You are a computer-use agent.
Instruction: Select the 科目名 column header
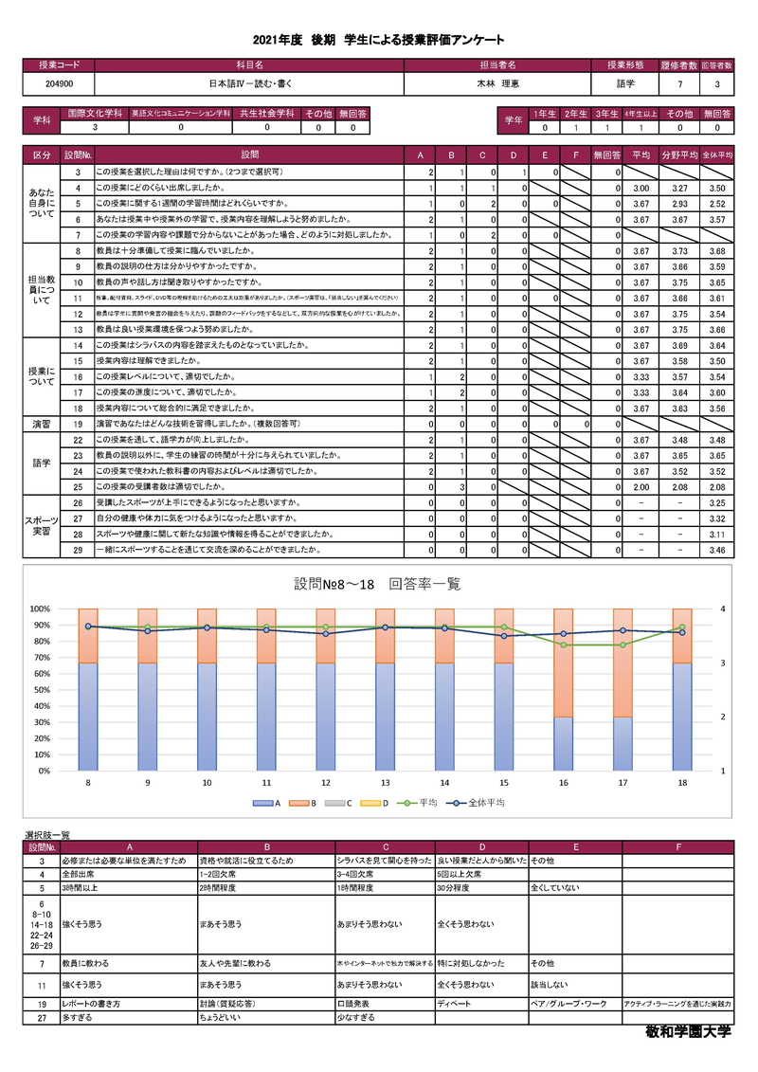tap(249, 65)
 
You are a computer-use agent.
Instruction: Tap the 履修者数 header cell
tap(680, 65)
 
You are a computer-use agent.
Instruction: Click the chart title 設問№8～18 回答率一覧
tap(378, 584)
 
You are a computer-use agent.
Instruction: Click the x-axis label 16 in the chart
tap(564, 783)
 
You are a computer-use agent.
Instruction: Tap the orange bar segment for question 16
tap(564, 663)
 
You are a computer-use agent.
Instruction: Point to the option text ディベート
tap(450, 1002)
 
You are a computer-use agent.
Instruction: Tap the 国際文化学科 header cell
tap(92, 113)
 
